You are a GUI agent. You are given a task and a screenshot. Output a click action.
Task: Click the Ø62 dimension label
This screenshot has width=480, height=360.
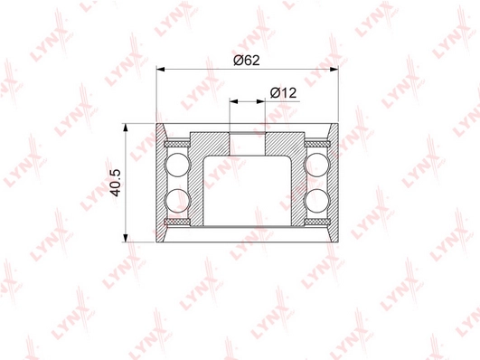(x=247, y=60)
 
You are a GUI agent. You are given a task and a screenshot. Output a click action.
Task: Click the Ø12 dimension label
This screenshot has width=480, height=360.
(x=284, y=92)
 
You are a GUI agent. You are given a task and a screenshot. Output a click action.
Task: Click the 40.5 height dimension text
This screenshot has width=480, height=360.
(x=116, y=183)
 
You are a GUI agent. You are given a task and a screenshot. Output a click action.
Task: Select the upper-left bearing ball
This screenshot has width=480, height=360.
(x=177, y=166)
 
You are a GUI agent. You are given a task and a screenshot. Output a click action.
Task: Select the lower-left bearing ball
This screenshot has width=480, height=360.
(x=177, y=201)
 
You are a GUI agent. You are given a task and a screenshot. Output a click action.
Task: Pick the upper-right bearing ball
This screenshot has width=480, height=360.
(x=317, y=166)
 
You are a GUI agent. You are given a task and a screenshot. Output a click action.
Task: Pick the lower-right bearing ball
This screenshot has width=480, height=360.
(x=317, y=201)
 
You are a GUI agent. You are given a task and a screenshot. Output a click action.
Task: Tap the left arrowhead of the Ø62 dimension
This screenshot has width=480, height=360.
(x=161, y=70)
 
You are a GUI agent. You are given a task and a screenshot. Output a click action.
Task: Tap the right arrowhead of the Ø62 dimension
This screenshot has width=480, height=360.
(x=334, y=70)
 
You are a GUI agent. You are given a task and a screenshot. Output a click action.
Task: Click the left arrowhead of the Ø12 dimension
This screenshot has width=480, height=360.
(x=233, y=101)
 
